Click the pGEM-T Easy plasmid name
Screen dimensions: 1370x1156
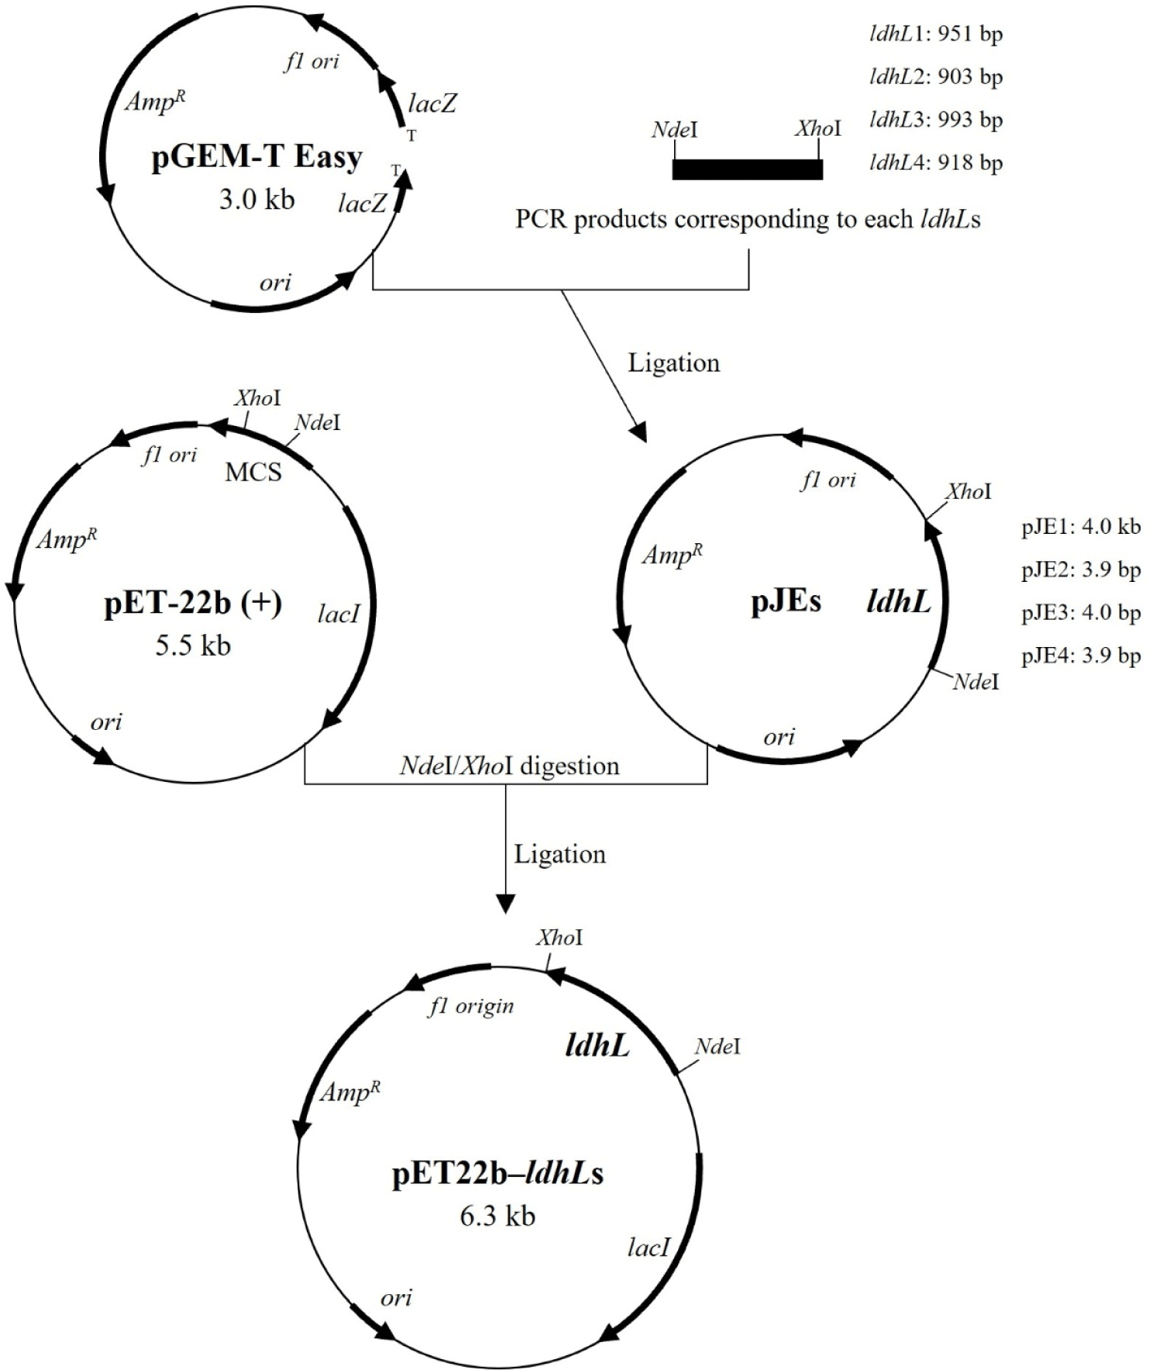click(x=256, y=158)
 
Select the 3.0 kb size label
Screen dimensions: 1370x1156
click(x=256, y=200)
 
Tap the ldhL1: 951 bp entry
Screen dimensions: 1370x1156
click(x=936, y=34)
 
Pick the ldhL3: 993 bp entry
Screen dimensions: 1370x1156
click(x=936, y=120)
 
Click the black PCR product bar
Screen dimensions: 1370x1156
click(x=747, y=170)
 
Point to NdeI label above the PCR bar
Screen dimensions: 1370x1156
click(x=674, y=129)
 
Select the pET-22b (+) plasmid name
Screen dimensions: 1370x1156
click(x=193, y=603)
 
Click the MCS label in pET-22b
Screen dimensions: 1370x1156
click(x=253, y=472)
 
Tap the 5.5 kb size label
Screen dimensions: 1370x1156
click(x=193, y=645)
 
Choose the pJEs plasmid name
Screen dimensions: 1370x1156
click(x=786, y=601)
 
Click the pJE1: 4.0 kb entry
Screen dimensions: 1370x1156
click(x=1081, y=527)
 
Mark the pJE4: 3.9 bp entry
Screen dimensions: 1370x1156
click(x=1081, y=656)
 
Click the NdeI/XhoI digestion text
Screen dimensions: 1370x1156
click(x=509, y=766)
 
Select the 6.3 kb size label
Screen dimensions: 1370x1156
click(x=497, y=1216)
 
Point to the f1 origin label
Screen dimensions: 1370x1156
click(x=471, y=1006)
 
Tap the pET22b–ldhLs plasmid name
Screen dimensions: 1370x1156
click(x=497, y=1174)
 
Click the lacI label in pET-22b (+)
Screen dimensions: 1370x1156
click(x=339, y=614)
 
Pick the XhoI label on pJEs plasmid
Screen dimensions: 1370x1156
click(x=968, y=491)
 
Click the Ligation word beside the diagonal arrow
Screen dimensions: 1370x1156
click(x=673, y=363)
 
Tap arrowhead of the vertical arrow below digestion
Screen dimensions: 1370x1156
click(x=505, y=904)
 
